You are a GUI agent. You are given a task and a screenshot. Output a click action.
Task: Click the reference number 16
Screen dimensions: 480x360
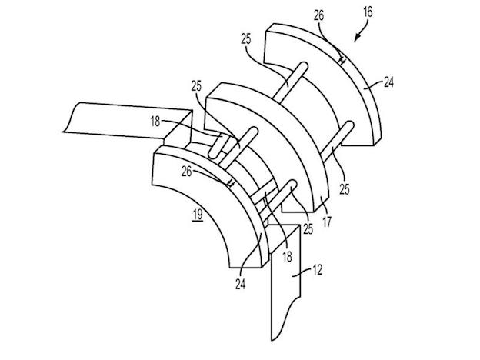click(x=368, y=12)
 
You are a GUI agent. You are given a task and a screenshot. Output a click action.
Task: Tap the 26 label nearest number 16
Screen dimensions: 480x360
click(x=318, y=15)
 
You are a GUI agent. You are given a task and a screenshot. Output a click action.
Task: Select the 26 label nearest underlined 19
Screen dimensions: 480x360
click(x=186, y=172)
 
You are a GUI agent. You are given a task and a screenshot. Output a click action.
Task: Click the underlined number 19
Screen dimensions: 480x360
click(x=198, y=215)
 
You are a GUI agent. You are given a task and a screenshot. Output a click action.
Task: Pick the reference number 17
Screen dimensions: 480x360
click(x=327, y=222)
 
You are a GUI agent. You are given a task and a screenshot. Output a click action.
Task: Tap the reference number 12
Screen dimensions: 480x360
click(x=317, y=270)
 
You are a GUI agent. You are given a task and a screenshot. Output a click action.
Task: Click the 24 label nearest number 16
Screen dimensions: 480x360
click(x=388, y=82)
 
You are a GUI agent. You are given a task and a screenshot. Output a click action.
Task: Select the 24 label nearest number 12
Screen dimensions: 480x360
click(x=240, y=285)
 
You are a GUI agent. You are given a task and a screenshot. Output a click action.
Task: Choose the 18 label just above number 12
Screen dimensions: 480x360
click(x=287, y=256)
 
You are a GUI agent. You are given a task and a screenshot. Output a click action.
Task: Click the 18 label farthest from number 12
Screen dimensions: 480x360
click(x=155, y=122)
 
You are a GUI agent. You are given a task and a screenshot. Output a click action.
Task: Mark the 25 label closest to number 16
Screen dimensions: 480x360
click(x=246, y=39)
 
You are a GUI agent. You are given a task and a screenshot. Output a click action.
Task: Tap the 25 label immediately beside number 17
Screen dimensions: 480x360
click(x=308, y=229)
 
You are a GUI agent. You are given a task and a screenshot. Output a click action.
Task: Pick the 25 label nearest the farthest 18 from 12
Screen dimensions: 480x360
click(x=196, y=86)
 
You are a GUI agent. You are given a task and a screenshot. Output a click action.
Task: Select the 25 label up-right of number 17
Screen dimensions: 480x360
click(x=345, y=189)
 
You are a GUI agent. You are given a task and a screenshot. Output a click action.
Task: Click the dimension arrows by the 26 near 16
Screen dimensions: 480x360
click(x=342, y=60)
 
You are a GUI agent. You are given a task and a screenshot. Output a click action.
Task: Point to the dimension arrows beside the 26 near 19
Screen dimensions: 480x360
click(x=231, y=183)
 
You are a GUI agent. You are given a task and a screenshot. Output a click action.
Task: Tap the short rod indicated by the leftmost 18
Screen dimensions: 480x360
click(x=216, y=146)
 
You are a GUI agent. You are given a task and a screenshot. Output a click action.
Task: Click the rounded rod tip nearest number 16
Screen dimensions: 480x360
click(x=303, y=66)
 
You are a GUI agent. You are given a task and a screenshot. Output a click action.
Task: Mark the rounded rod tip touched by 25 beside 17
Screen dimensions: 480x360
click(x=292, y=184)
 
